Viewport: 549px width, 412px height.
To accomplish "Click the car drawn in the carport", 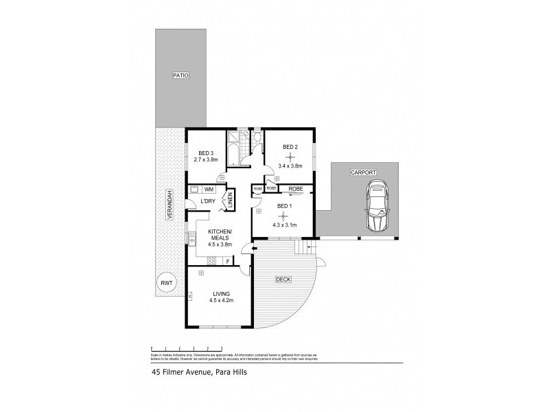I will click(377, 206).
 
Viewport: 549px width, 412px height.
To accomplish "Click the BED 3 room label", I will click(207, 152).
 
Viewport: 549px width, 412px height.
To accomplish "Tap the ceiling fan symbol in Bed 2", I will click(290, 157).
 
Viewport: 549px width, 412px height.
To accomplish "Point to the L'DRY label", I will click(209, 201).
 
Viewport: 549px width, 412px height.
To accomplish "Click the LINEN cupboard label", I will click(231, 201).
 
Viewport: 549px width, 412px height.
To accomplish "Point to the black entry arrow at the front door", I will click(254, 247).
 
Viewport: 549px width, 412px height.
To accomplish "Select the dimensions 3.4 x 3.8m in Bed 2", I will click(290, 166).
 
